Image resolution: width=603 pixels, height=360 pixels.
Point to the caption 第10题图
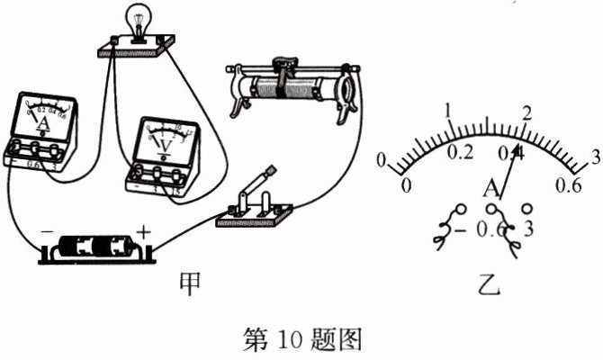click(301, 338)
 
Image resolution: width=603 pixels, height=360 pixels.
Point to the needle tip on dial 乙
click(519, 149)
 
